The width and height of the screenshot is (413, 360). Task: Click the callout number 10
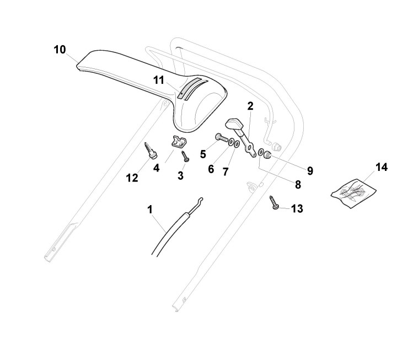(x=60, y=50)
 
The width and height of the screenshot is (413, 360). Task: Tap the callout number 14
(x=382, y=167)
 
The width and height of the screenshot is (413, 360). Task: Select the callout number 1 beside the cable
(x=149, y=209)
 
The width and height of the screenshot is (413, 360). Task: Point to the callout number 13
(x=297, y=209)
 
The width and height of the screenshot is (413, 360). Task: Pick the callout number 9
(x=310, y=171)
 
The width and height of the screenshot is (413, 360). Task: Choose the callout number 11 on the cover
(x=159, y=80)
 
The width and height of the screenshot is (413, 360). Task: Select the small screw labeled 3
(x=186, y=156)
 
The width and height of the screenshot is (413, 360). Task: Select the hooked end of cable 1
(x=201, y=199)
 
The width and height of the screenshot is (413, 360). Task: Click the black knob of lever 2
(x=236, y=124)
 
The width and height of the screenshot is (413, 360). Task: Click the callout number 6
(x=211, y=169)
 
